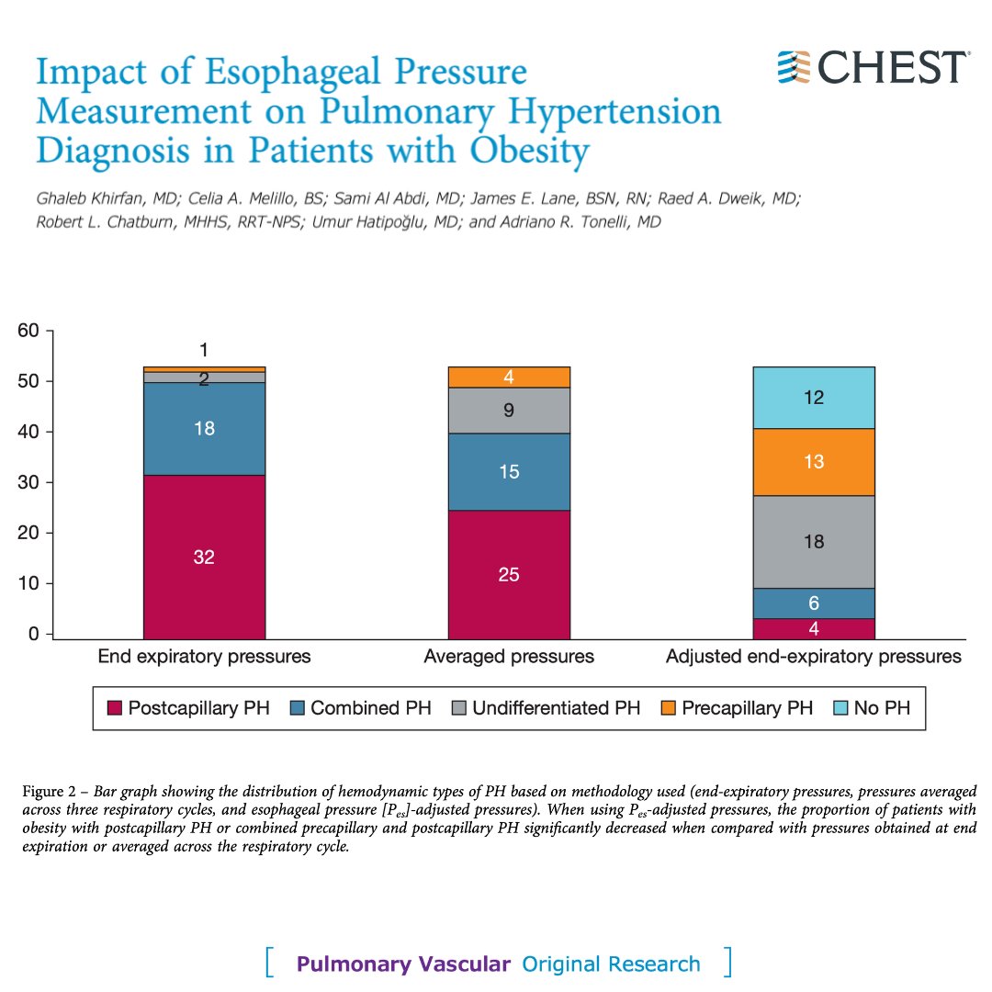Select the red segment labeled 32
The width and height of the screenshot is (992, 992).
click(204, 556)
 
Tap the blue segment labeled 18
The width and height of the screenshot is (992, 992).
click(204, 428)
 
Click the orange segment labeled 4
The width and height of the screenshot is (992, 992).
click(509, 377)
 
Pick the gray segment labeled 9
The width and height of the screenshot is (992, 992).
click(509, 411)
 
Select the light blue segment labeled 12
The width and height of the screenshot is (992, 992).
click(813, 398)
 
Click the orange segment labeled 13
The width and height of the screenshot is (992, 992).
click(813, 462)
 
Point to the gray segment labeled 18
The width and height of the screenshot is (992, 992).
click(813, 542)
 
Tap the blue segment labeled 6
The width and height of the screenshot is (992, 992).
click(813, 603)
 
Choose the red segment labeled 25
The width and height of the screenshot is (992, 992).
click(509, 574)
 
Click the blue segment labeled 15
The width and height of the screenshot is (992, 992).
click(509, 471)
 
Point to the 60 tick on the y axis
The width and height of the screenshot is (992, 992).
click(30, 331)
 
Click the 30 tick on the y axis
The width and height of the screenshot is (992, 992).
click(30, 482)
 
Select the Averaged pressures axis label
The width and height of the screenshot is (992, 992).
click(509, 657)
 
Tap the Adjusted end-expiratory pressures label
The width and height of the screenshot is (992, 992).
click(813, 657)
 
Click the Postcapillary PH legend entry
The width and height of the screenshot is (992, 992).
click(189, 708)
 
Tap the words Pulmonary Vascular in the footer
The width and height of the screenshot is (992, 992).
click(403, 964)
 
